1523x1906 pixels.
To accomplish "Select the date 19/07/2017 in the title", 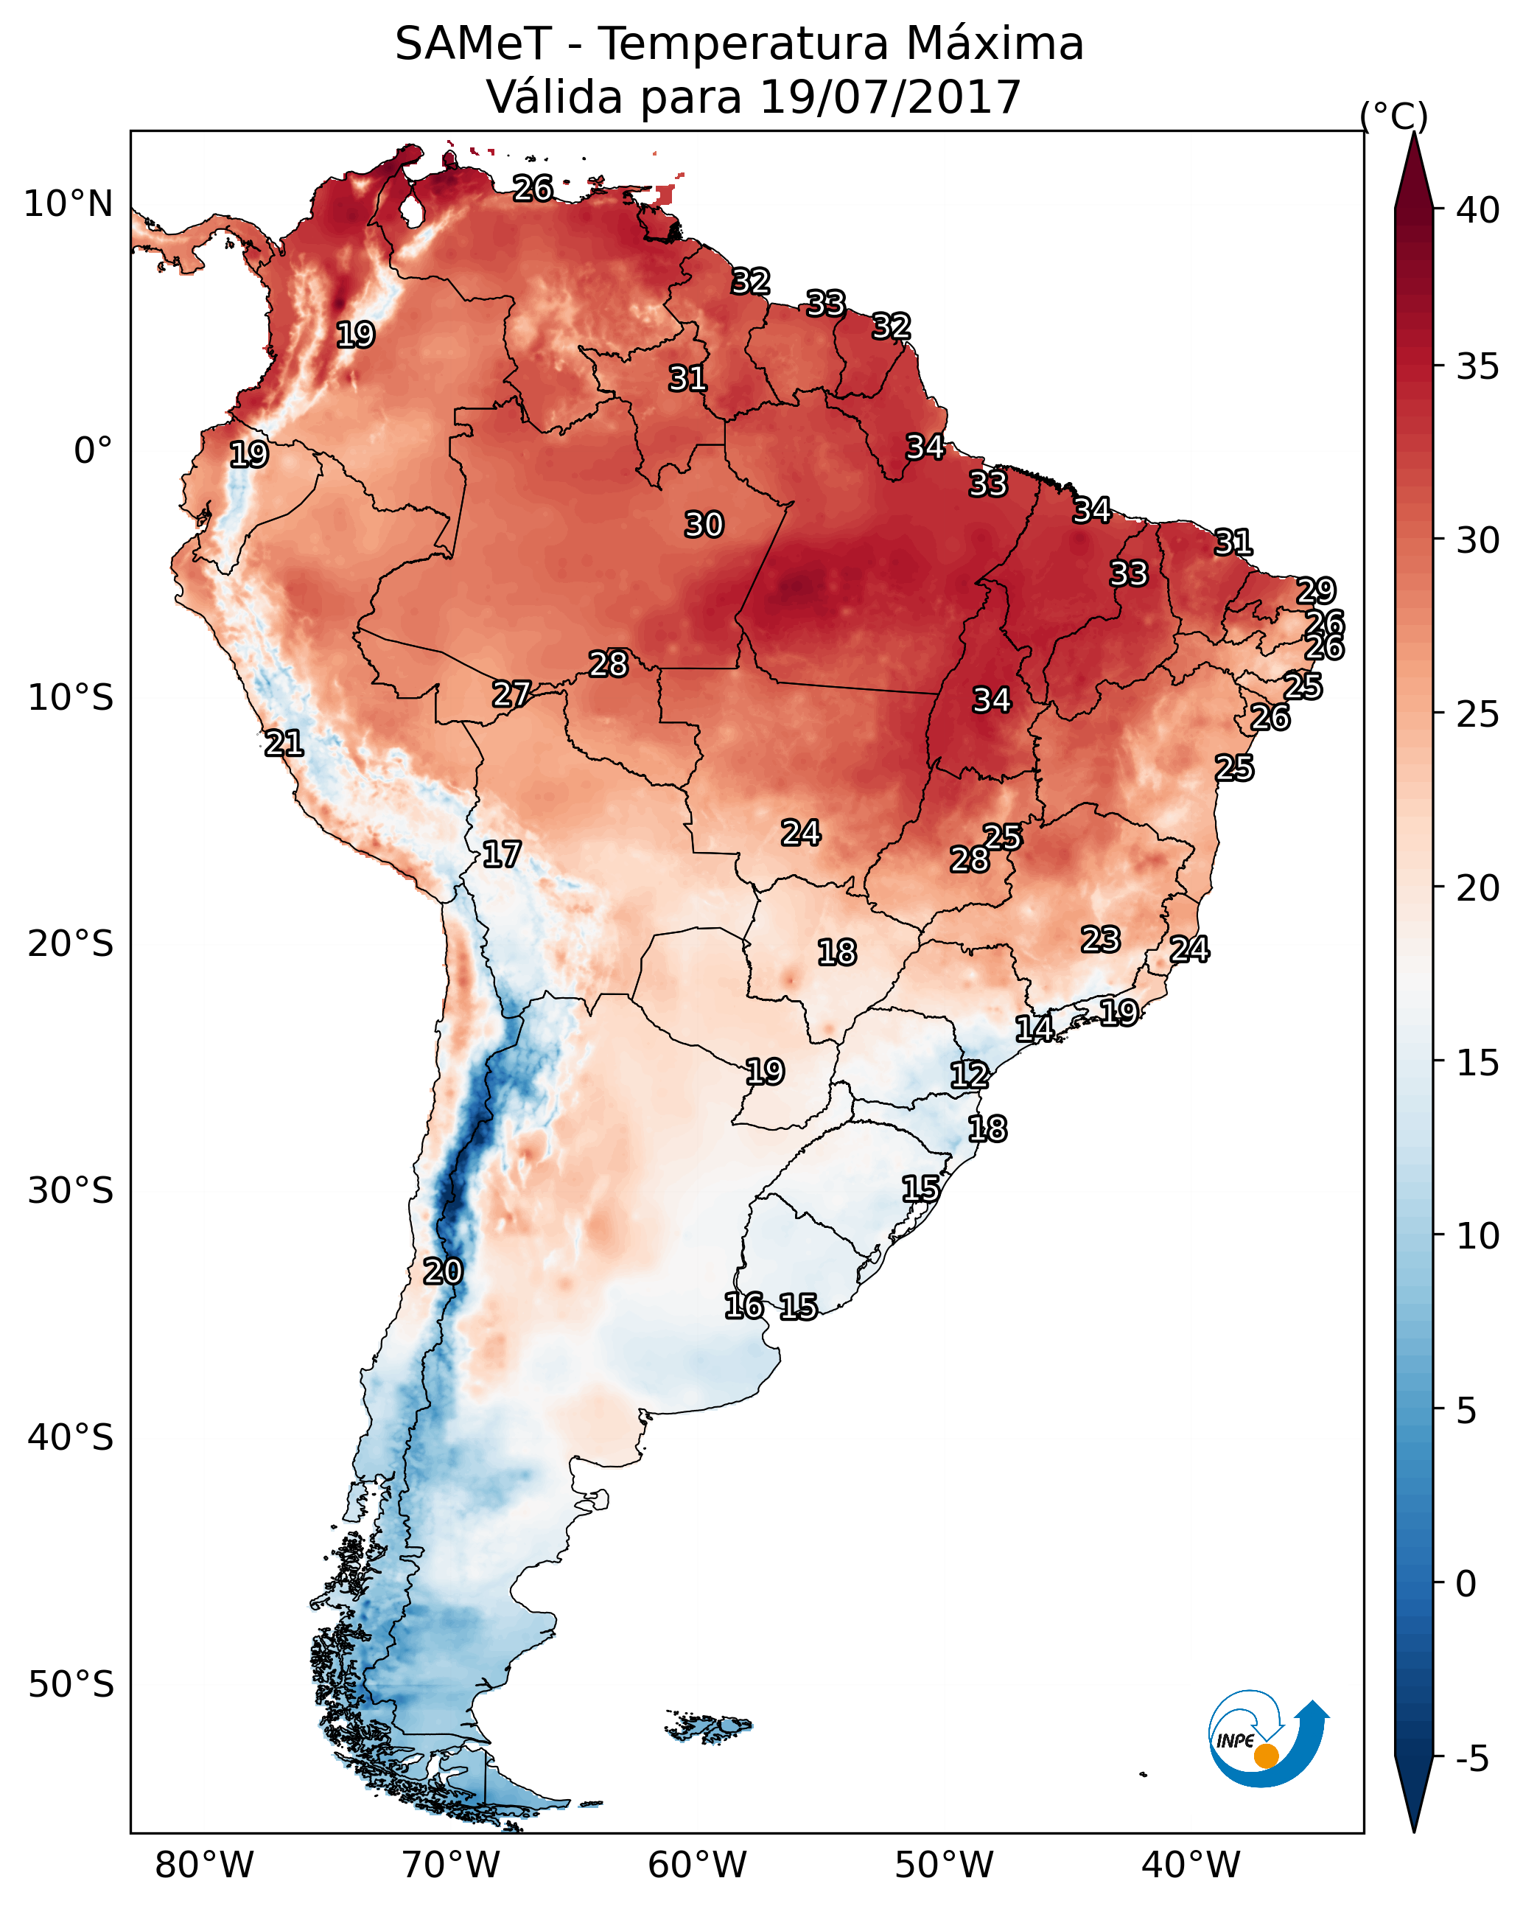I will coord(889,97).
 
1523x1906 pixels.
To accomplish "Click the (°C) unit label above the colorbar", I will coord(1393,116).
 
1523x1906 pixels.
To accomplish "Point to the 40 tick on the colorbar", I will coord(1478,210).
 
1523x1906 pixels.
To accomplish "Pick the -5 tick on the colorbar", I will coord(1471,1759).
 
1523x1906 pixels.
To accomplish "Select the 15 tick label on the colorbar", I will coord(1478,1063).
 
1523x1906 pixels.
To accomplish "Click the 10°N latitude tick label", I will coord(68,204).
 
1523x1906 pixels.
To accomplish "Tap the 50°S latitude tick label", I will coord(71,1685).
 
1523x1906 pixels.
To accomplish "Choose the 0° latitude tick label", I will coord(93,451).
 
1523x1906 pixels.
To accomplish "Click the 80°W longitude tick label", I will coord(204,1865).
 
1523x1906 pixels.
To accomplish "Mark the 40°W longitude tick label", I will coord(1191,1865).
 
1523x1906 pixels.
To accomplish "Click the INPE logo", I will coord(1267,1743).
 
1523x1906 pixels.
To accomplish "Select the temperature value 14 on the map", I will coord(1033,1028).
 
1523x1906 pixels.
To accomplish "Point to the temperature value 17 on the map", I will coord(501,854).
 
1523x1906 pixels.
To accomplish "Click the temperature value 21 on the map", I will coord(284,744).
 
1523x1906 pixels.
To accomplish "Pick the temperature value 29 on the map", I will coord(1315,590).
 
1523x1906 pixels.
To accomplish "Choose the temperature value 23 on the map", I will coord(1101,939).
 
